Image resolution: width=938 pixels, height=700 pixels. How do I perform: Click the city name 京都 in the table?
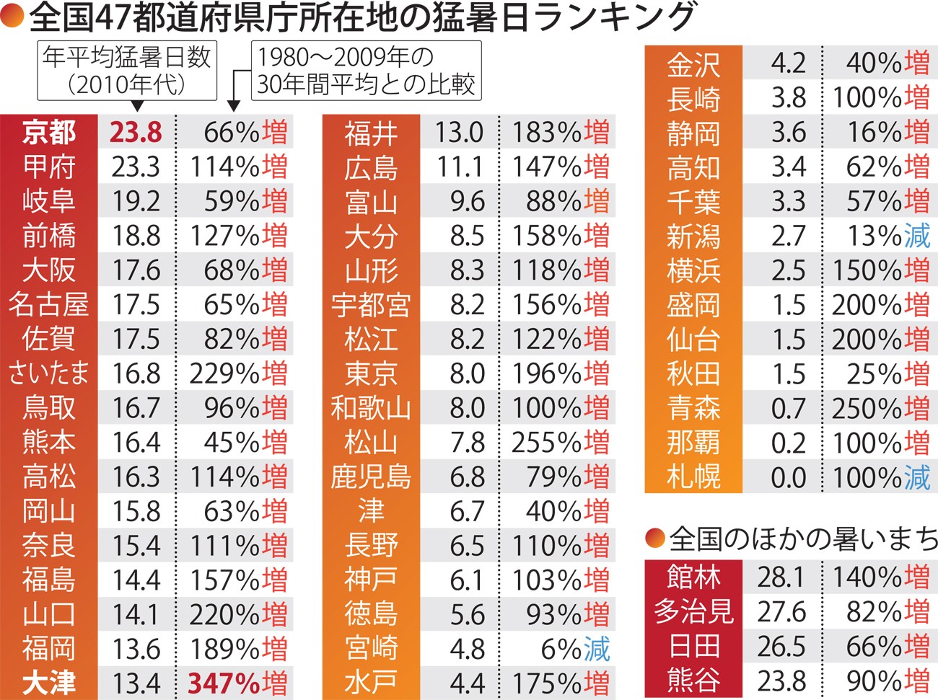(x=48, y=132)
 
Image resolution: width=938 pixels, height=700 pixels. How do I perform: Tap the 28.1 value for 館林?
(x=781, y=577)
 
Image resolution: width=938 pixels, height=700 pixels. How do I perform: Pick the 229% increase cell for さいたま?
(x=237, y=373)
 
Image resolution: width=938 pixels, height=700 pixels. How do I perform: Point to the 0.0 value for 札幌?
(x=788, y=477)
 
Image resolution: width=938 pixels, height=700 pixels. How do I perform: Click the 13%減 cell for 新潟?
(x=887, y=236)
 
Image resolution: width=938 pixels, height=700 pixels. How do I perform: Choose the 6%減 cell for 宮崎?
(x=575, y=649)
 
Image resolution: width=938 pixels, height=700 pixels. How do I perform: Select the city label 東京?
(x=371, y=373)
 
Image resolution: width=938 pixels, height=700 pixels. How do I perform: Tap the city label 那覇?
(x=693, y=443)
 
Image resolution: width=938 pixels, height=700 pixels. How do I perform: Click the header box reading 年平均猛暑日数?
(x=127, y=70)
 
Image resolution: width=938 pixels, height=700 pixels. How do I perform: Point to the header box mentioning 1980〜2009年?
(x=366, y=70)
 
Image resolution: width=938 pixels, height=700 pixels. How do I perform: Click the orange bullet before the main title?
(x=12, y=17)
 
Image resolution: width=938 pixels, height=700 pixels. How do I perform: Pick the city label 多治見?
(x=693, y=612)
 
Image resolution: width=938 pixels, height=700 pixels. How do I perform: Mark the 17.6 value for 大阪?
(x=136, y=270)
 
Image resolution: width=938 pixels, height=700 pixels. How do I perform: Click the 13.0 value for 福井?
(x=459, y=132)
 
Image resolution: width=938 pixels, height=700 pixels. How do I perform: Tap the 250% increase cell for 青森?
(x=880, y=408)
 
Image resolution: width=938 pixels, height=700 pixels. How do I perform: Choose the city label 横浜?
(x=693, y=270)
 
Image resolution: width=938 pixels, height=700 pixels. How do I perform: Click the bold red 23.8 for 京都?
(x=136, y=132)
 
